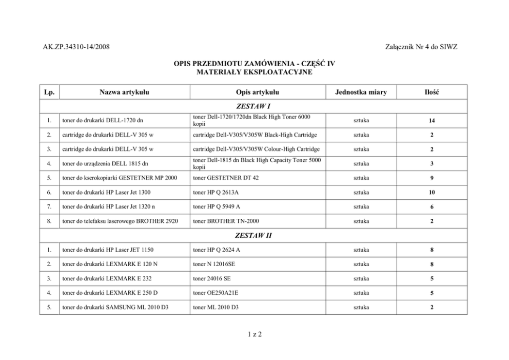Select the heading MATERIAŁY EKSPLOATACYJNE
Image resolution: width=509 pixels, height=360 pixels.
point(254,72)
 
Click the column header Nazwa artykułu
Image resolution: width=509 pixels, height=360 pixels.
point(124,92)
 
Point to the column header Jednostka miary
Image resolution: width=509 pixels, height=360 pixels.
point(361,92)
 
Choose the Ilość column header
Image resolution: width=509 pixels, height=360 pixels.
point(432,92)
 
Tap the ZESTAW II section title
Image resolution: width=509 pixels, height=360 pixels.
point(253,236)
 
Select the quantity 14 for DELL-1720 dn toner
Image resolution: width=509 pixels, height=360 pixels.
point(432,121)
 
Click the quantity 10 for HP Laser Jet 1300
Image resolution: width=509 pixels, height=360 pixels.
point(432,193)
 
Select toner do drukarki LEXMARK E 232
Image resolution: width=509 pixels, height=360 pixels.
point(106,279)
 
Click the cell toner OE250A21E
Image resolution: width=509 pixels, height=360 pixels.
point(216,293)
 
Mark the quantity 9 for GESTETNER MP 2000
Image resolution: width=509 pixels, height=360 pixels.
point(432,178)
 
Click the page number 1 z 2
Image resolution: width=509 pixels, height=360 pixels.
point(254,334)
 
